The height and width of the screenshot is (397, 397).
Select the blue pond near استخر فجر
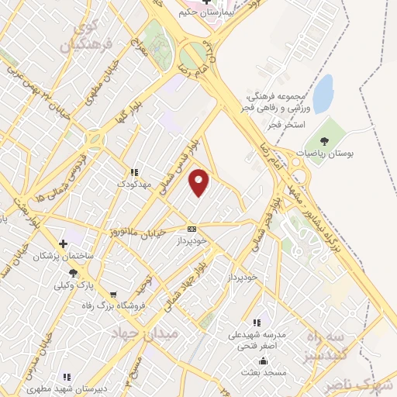(323, 93)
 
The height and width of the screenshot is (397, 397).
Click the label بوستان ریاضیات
(350, 154)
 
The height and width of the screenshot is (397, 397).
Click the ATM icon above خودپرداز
(192, 229)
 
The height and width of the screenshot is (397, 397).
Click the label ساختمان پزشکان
(62, 256)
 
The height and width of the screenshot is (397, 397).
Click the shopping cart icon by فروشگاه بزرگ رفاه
(113, 295)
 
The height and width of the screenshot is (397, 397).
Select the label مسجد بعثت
(264, 373)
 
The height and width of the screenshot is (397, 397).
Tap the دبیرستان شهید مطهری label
(64, 389)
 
